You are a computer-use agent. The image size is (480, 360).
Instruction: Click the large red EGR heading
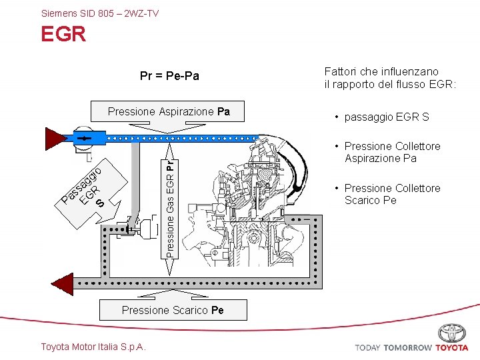pos(63,34)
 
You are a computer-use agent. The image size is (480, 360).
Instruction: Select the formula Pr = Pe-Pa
pos(169,76)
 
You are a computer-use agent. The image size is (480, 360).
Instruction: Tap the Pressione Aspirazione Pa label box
pos(169,111)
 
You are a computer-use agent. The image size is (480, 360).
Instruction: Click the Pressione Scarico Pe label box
pos(173,310)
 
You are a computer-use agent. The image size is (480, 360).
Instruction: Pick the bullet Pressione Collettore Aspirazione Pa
pos(392,152)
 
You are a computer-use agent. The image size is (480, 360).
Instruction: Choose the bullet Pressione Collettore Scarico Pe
pos(392,194)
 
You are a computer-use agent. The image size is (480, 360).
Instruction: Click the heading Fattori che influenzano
pos(381,71)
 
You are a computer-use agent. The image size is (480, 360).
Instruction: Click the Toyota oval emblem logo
pos(452,333)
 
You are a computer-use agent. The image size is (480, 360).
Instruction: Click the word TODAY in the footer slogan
pos(367,347)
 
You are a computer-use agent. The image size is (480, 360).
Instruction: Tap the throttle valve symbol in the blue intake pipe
pos(83,138)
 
